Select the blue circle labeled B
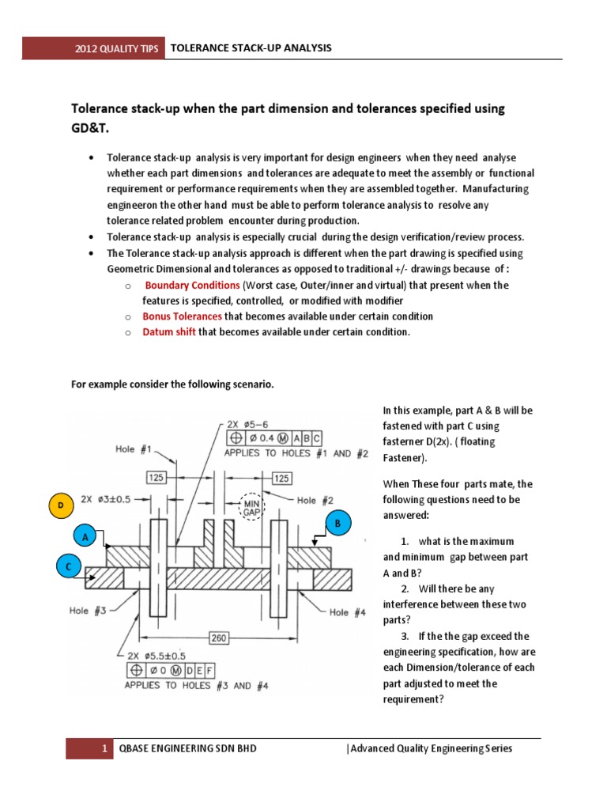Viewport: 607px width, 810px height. [x=337, y=523]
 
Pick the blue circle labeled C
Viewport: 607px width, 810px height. [x=68, y=567]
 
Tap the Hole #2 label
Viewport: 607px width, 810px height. [x=316, y=500]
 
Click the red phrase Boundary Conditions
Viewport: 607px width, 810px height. [x=192, y=285]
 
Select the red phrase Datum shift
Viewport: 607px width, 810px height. [x=169, y=332]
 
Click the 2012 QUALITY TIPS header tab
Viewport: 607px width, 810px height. [x=116, y=49]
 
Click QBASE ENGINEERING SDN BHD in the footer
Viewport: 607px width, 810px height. [x=187, y=748]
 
